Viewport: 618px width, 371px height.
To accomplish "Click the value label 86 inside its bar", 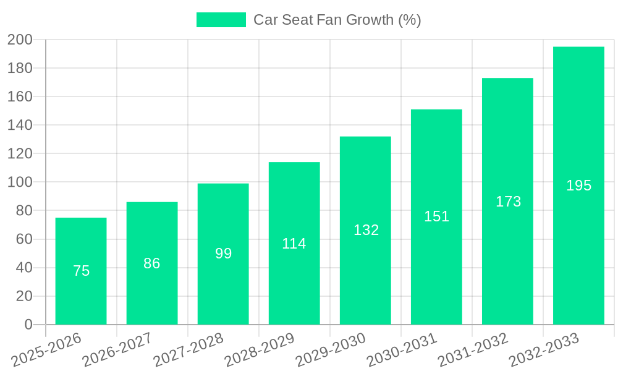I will pyautogui.click(x=152, y=263).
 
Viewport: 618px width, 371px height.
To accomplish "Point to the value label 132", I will pyautogui.click(x=366, y=230).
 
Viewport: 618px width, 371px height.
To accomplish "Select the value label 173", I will pyautogui.click(x=508, y=202).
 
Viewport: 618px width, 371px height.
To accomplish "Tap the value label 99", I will pyautogui.click(x=223, y=254).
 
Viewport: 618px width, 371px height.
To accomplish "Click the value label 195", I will pyautogui.click(x=578, y=185).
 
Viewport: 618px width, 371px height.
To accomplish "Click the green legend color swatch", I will pyautogui.click(x=221, y=20).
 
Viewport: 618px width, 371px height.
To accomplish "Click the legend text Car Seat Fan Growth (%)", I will pyautogui.click(x=337, y=20).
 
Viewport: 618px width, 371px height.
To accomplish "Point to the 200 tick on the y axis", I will pyautogui.click(x=20, y=40).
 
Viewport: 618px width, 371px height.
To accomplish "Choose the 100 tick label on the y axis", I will pyautogui.click(x=20, y=182).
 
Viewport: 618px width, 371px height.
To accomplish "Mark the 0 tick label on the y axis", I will pyautogui.click(x=28, y=325).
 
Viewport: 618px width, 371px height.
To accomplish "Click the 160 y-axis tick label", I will pyautogui.click(x=20, y=97).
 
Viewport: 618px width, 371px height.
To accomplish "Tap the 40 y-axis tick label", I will pyautogui.click(x=24, y=268).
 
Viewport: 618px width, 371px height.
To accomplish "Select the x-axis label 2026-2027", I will pyautogui.click(x=118, y=350).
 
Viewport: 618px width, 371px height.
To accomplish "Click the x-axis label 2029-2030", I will pyautogui.click(x=331, y=350).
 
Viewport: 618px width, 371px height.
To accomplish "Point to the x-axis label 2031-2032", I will pyautogui.click(x=473, y=350).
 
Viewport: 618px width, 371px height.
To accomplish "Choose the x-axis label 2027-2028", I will pyautogui.click(x=189, y=350).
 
